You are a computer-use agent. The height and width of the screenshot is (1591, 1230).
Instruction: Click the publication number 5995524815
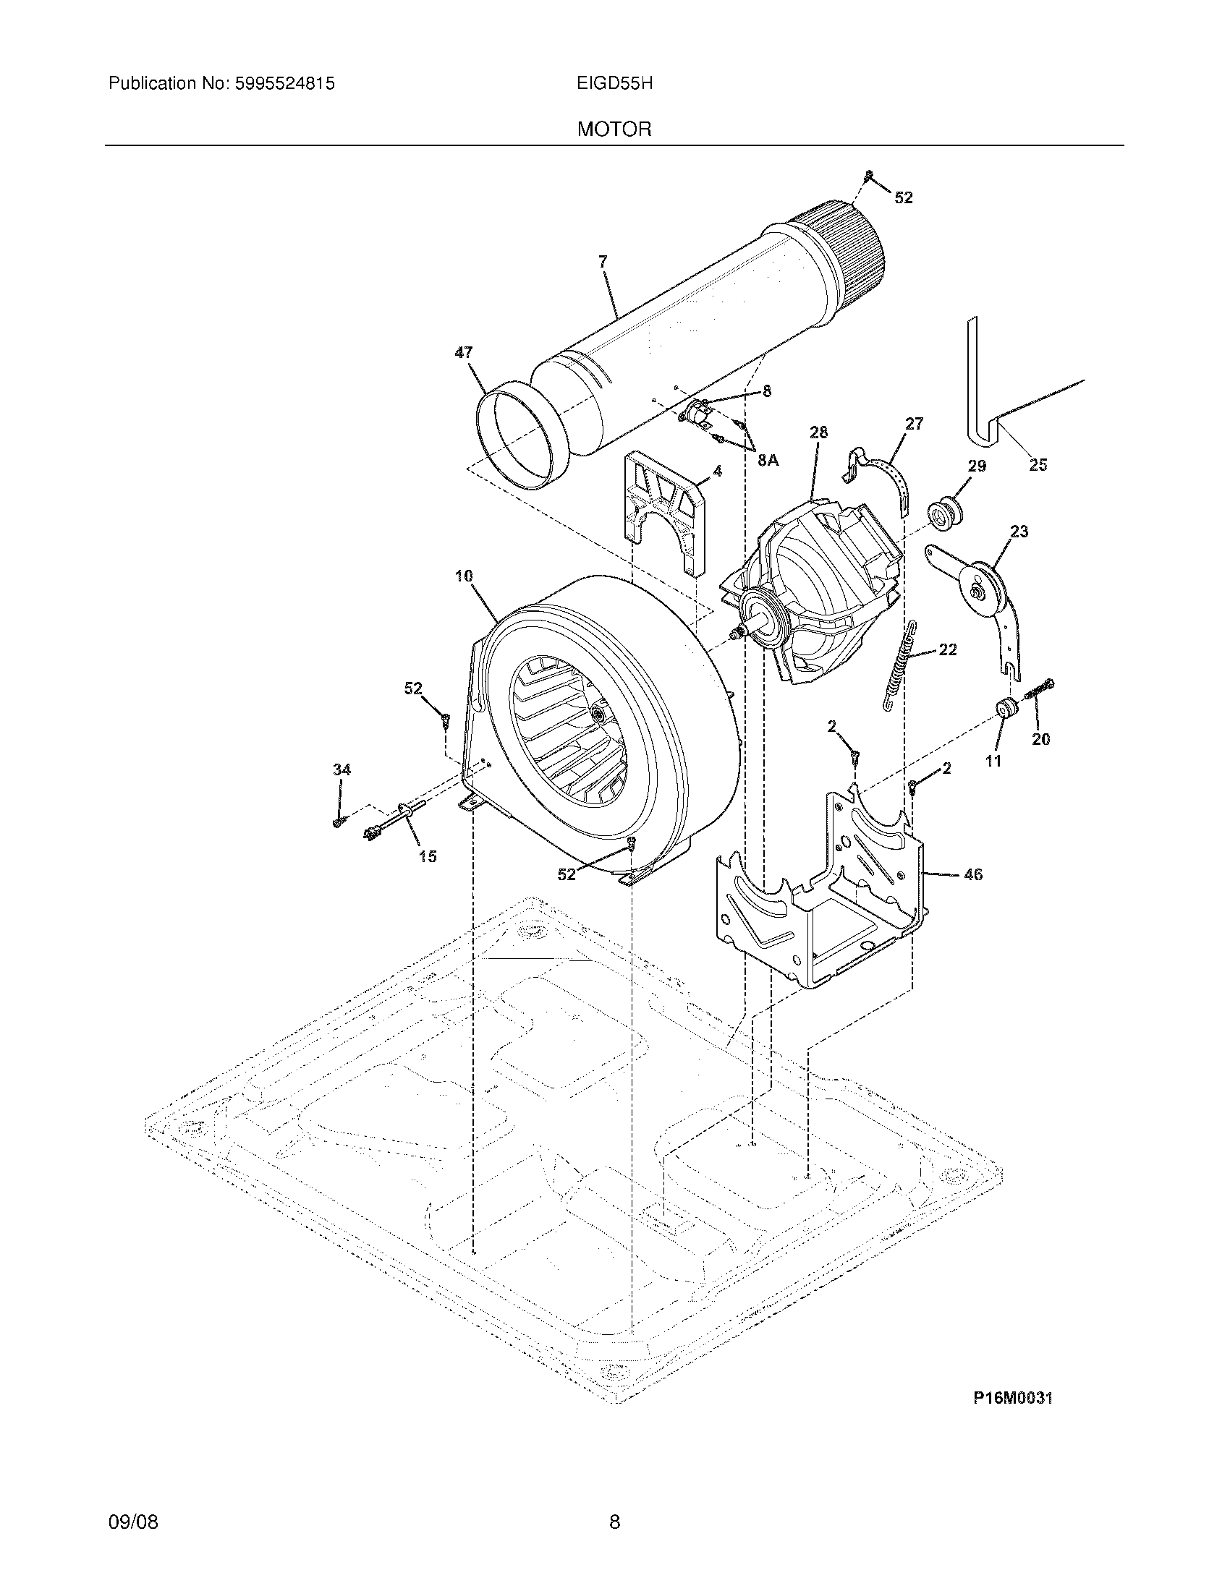(285, 84)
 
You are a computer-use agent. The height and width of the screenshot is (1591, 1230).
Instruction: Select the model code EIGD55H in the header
(614, 84)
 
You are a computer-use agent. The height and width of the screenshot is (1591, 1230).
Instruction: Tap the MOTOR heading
(614, 129)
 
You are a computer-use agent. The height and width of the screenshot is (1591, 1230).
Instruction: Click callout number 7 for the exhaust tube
(603, 262)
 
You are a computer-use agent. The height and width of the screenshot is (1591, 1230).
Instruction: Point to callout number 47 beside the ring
(464, 353)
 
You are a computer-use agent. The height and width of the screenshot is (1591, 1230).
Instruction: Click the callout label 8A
(768, 460)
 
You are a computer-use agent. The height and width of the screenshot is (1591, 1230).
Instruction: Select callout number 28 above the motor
(818, 432)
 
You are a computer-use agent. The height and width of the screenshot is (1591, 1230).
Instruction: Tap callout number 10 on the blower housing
(464, 576)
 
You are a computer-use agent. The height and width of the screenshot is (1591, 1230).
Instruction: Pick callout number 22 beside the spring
(947, 649)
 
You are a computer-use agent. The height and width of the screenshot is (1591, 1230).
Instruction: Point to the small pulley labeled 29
(946, 513)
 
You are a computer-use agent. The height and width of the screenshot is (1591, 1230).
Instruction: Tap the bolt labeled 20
(1040, 689)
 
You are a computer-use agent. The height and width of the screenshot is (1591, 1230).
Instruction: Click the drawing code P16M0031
(1013, 1398)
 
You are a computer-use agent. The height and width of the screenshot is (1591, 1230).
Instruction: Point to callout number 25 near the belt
(1038, 464)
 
